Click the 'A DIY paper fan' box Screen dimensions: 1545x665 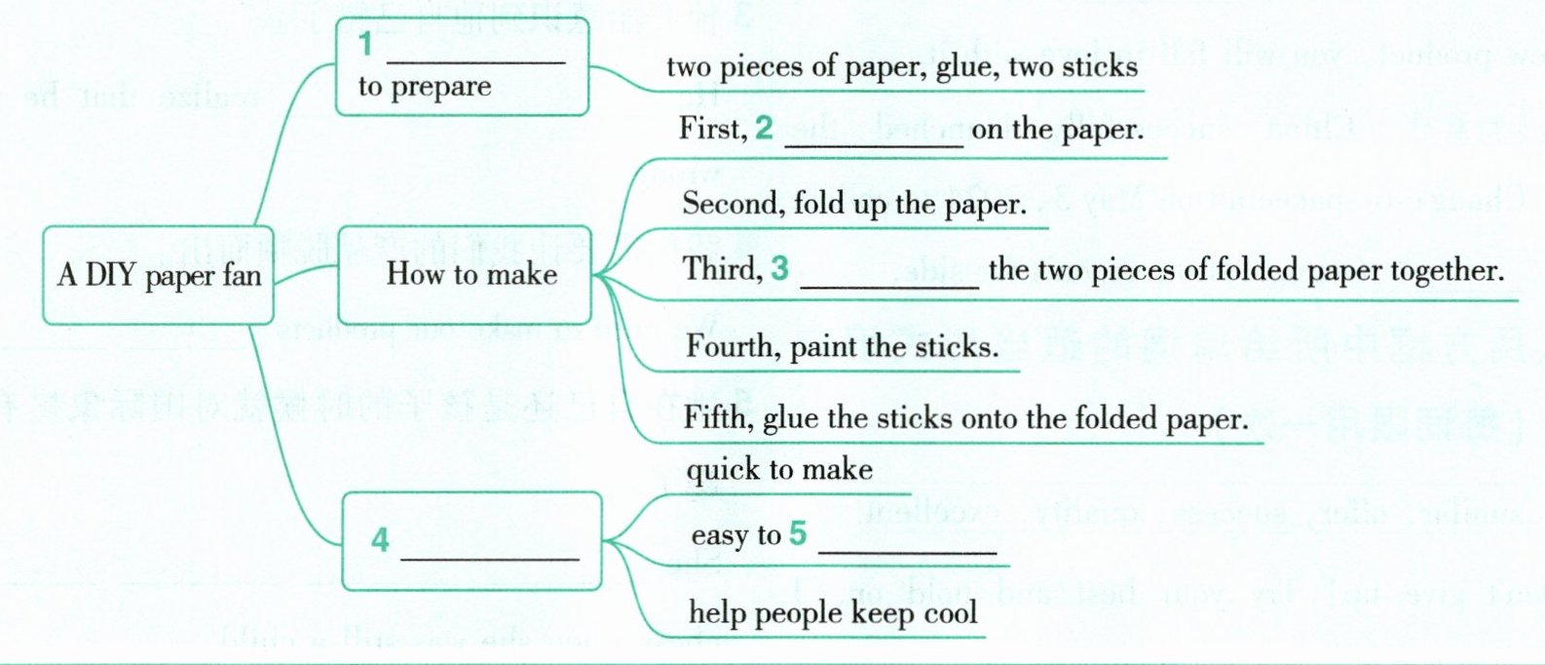point(158,275)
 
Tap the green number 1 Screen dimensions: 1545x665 point(365,45)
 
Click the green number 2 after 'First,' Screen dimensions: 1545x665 point(764,128)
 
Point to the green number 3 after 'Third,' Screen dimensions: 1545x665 point(778,268)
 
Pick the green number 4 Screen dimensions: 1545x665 point(380,539)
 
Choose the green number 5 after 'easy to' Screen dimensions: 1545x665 point(798,533)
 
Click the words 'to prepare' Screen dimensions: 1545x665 point(424,86)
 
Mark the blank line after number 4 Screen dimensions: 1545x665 point(490,558)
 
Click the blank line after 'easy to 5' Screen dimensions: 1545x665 point(907,552)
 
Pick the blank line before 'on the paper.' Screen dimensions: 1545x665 point(873,145)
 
